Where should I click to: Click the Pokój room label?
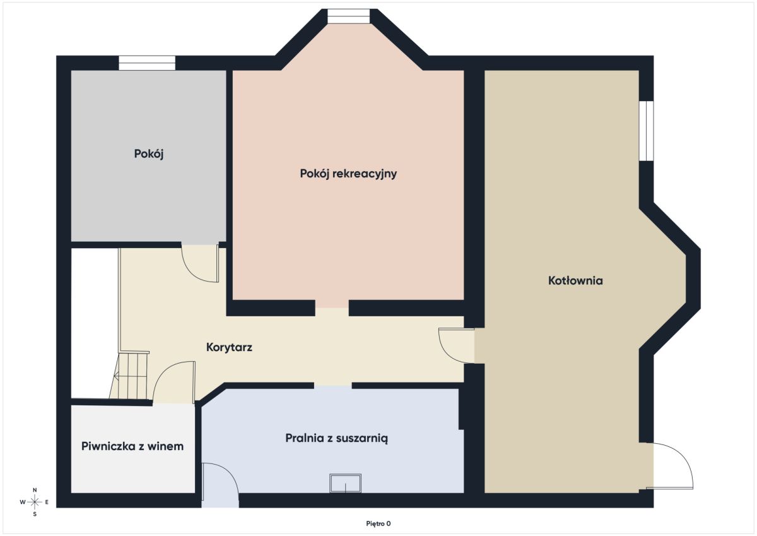pyautogui.click(x=149, y=154)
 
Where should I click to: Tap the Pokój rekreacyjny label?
pyautogui.click(x=348, y=174)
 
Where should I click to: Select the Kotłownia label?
pyautogui.click(x=575, y=281)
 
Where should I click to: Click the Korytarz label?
pyautogui.click(x=229, y=347)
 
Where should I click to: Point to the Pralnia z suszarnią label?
pyautogui.click(x=336, y=438)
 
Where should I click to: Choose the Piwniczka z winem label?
pyautogui.click(x=132, y=446)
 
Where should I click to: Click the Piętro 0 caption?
pyautogui.click(x=378, y=523)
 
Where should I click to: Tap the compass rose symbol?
pyautogui.click(x=35, y=502)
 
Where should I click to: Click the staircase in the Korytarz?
pyautogui.click(x=129, y=376)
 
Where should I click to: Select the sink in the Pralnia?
pyautogui.click(x=346, y=483)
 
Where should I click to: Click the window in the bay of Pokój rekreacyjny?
pyautogui.click(x=348, y=16)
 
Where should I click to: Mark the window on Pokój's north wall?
pyautogui.click(x=147, y=63)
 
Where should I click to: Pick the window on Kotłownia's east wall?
pyautogui.click(x=646, y=131)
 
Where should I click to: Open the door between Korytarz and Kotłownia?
pyautogui.click(x=457, y=345)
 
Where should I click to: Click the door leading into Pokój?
pyautogui.click(x=200, y=263)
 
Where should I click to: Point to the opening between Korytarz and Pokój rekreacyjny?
pyautogui.click(x=332, y=307)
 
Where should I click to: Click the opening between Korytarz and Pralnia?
pyautogui.click(x=333, y=386)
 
